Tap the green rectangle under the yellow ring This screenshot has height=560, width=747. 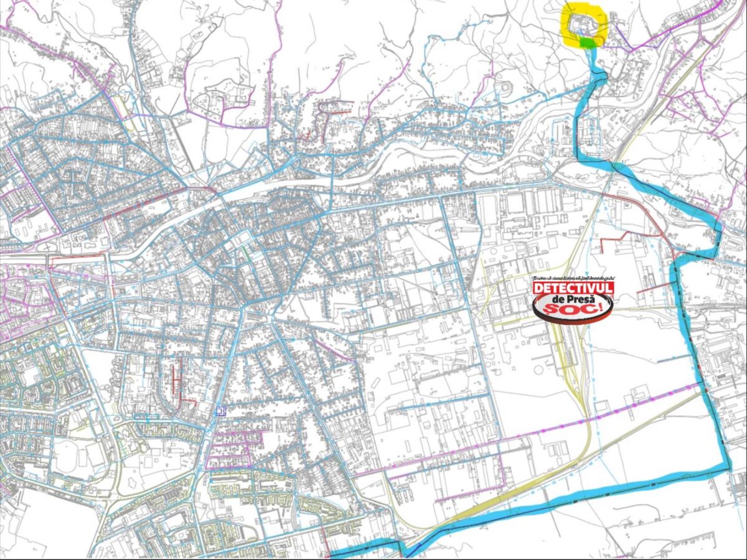(587, 42)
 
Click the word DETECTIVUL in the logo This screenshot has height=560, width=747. (573, 288)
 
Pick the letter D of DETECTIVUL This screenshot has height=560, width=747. (538, 288)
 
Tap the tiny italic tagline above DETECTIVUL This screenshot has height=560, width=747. (573, 278)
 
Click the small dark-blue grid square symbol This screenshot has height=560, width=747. (218, 411)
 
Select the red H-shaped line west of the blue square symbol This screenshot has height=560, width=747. (177, 380)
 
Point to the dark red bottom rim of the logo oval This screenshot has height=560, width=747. (573, 320)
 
